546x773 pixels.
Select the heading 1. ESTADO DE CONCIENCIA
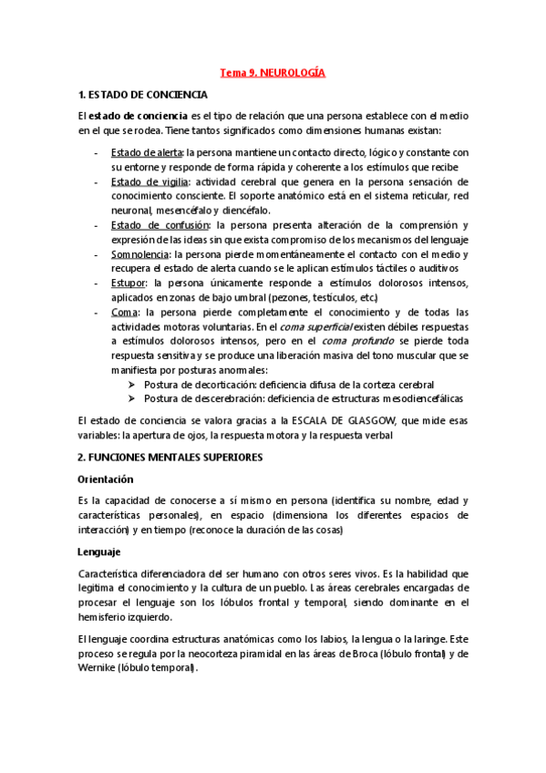[143, 95]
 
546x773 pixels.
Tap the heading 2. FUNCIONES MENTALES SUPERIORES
[171, 457]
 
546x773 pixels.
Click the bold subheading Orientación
[106, 479]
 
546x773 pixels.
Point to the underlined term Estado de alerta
[146, 151]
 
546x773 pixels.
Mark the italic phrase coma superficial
[331, 326]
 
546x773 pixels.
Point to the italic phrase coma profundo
[368, 341]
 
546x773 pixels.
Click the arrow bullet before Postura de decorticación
[132, 385]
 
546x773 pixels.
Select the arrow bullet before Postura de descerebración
[132, 399]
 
